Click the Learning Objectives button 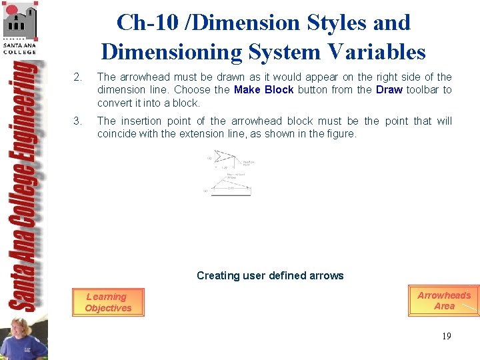pyautogui.click(x=108, y=303)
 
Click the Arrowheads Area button pyautogui.click(x=443, y=301)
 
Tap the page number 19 pyautogui.click(x=446, y=336)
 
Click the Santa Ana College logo pyautogui.click(x=20, y=27)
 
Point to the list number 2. pyautogui.click(x=77, y=77)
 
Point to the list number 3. pyautogui.click(x=77, y=121)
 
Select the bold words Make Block pyautogui.click(x=263, y=90)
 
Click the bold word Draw pyautogui.click(x=389, y=90)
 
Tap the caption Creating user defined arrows pyautogui.click(x=270, y=275)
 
